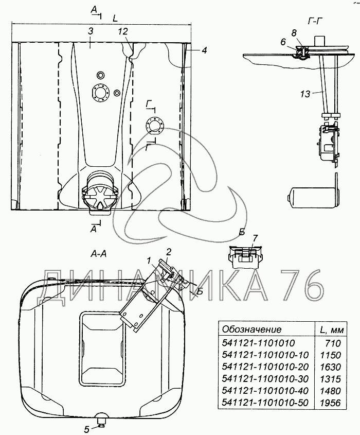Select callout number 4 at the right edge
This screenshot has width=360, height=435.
[204, 50]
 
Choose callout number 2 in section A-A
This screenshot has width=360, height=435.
[168, 251]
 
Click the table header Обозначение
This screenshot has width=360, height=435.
[251, 329]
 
